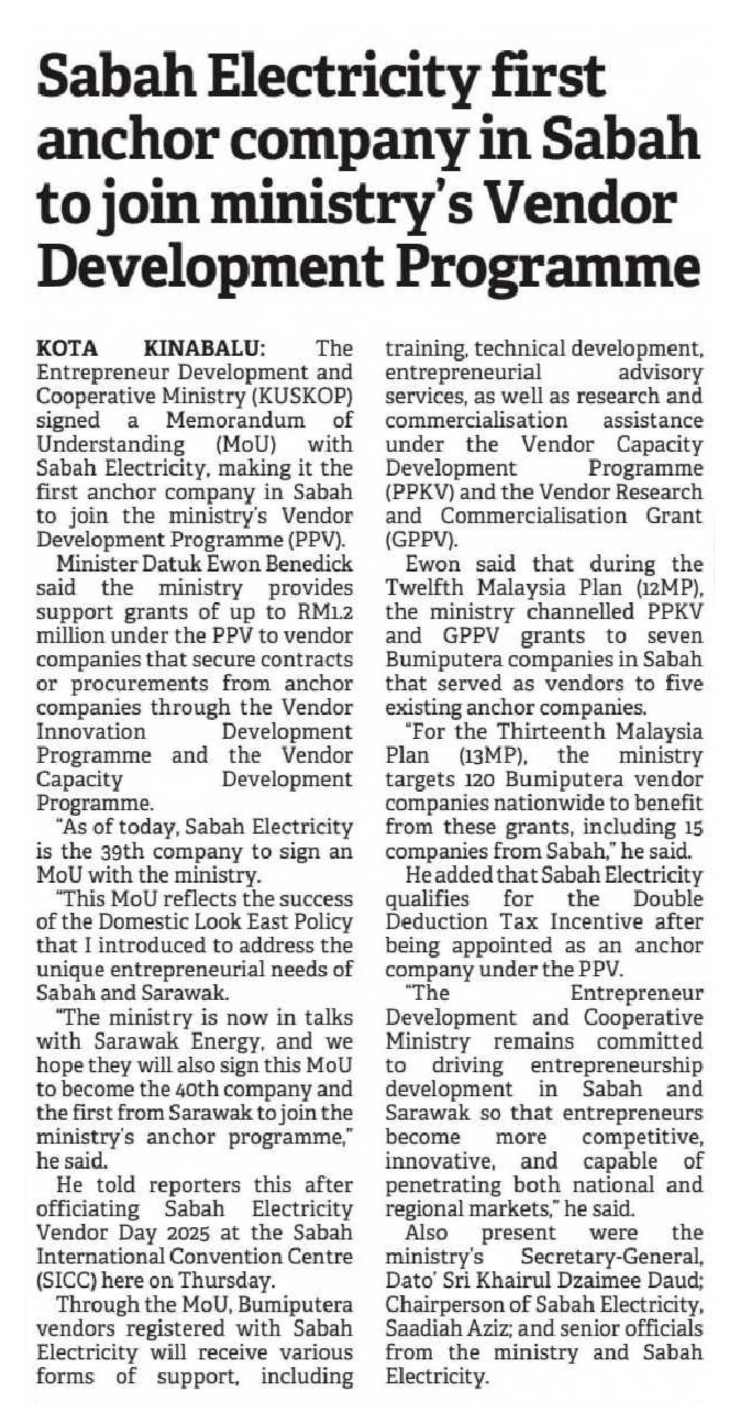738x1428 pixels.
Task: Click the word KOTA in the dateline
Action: click(x=67, y=349)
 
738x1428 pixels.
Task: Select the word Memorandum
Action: click(x=235, y=420)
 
